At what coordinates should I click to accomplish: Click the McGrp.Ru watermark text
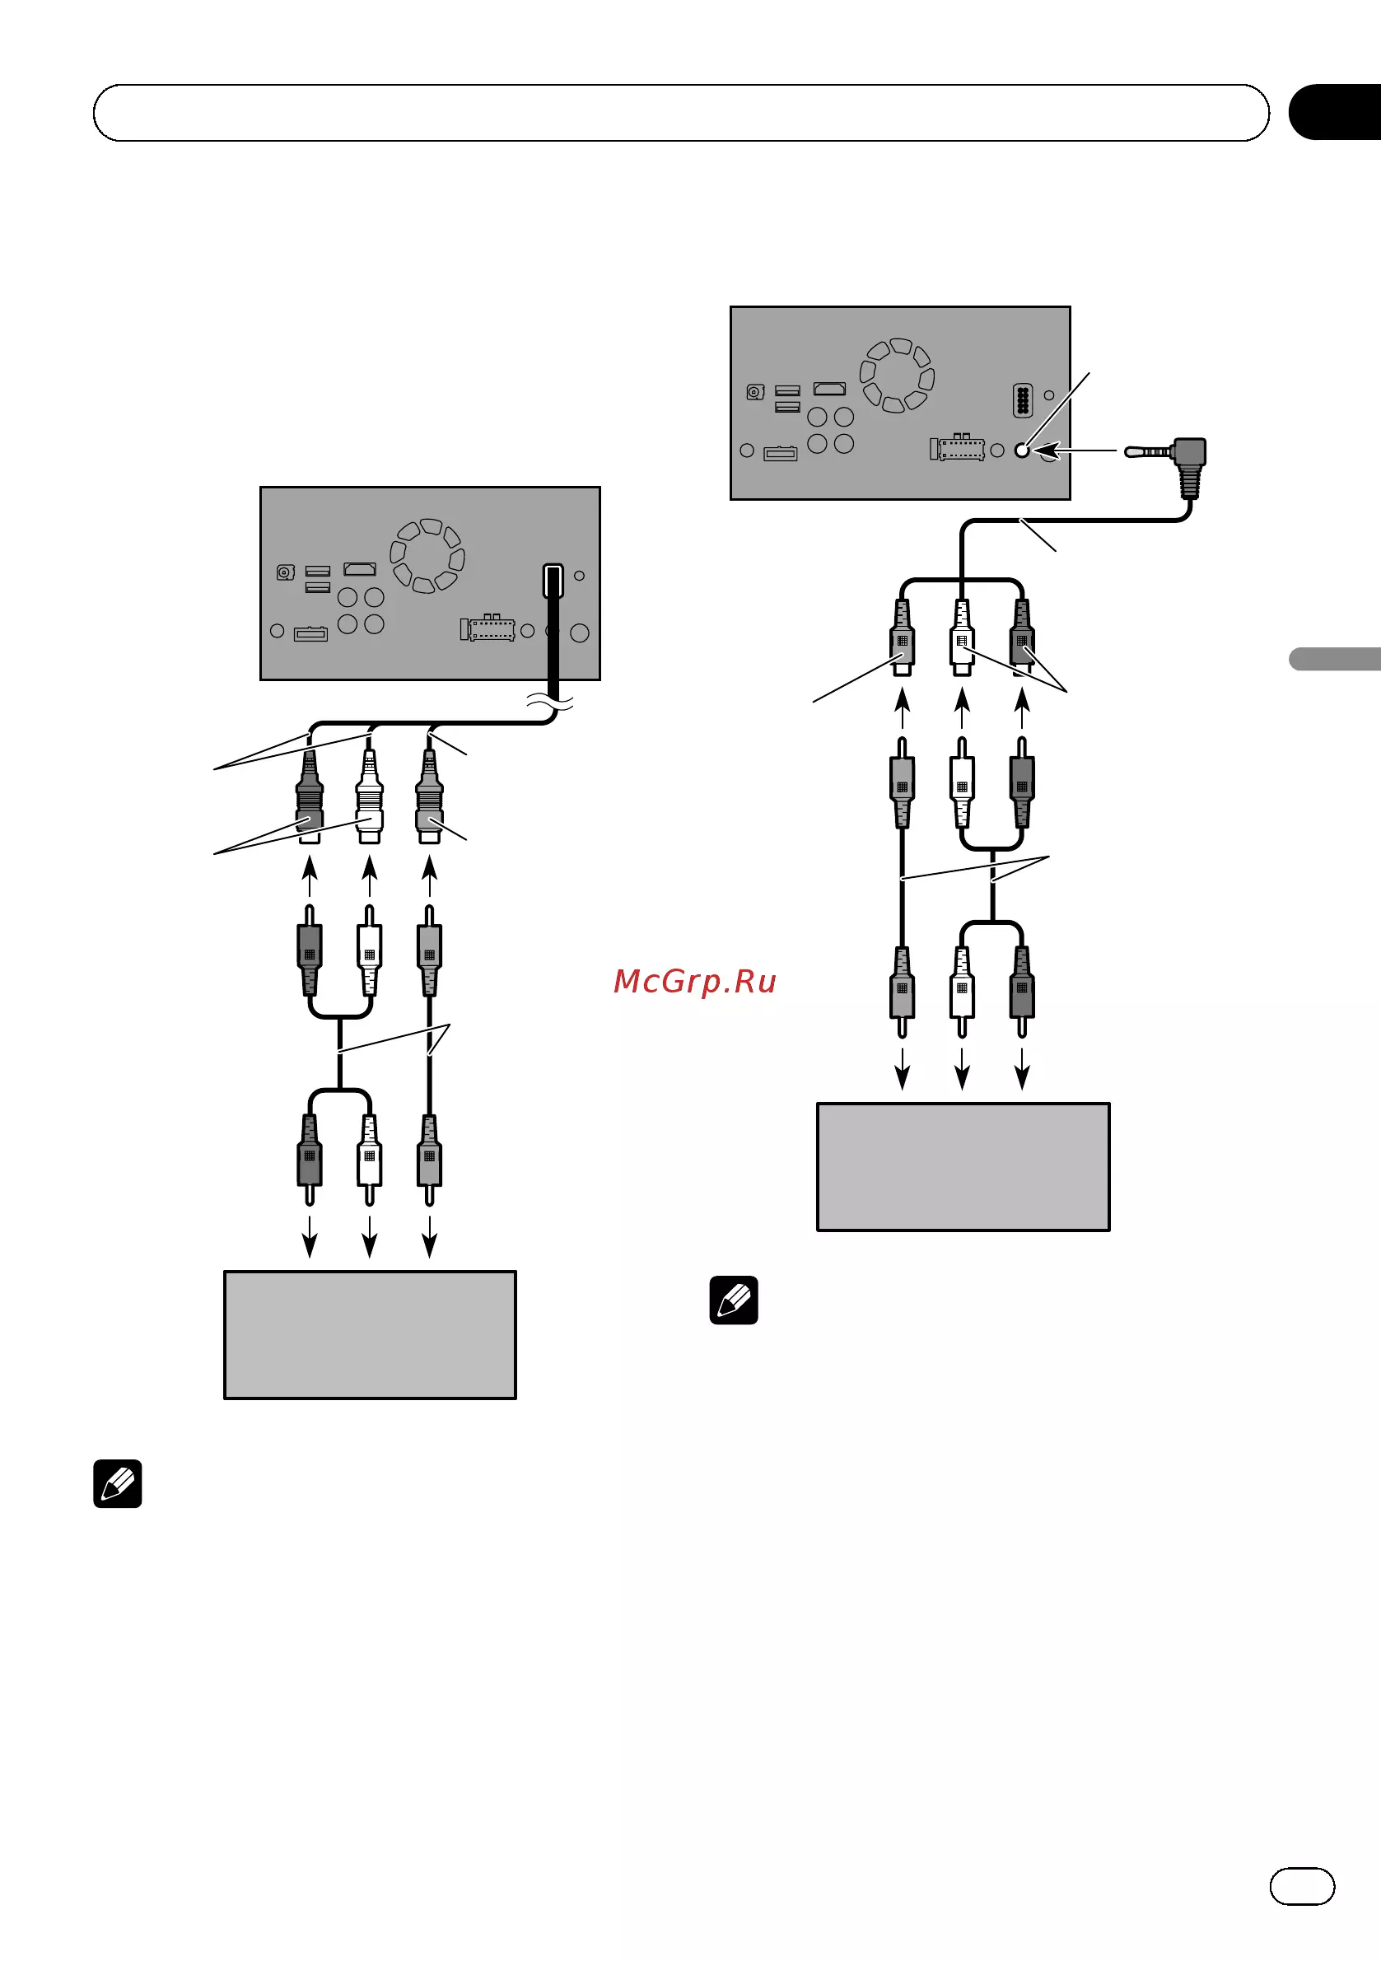tap(694, 982)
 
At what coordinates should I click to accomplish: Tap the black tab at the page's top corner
tap(1335, 112)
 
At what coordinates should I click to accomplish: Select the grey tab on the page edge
tap(1335, 659)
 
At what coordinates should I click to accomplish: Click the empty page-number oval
tap(1302, 1886)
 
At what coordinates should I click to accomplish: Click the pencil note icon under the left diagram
tap(118, 1483)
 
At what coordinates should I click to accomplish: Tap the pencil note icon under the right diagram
tap(734, 1300)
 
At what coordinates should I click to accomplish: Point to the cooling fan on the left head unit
tap(427, 555)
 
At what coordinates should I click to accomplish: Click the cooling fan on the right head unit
tap(897, 375)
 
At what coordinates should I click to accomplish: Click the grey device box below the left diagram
tap(370, 1335)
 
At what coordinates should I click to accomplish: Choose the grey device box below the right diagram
tap(963, 1167)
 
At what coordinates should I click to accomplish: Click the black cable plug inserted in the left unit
tap(553, 581)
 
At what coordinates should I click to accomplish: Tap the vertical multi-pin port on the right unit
tap(1022, 400)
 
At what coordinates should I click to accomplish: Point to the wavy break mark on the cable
tap(549, 703)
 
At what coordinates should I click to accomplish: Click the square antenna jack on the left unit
tap(285, 572)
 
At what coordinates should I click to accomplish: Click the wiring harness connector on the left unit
tap(488, 628)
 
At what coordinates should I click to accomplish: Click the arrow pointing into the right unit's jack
tap(1075, 451)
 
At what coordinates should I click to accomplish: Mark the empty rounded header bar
tap(681, 113)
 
